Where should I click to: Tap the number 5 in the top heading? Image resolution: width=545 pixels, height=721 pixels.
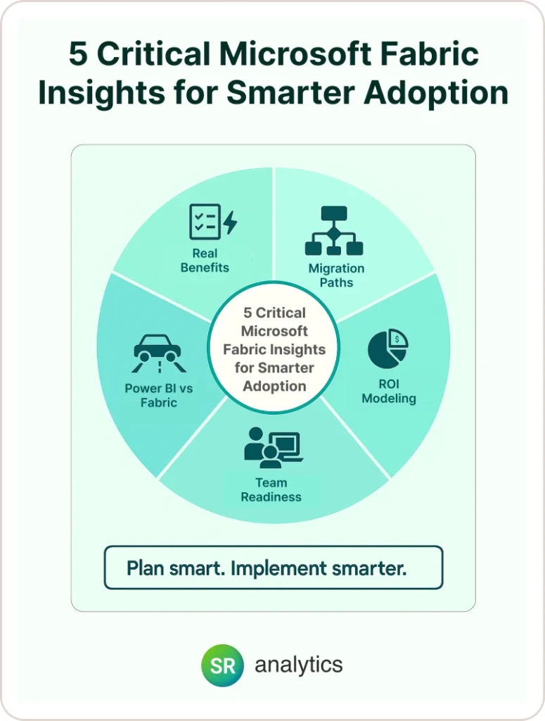click(x=78, y=54)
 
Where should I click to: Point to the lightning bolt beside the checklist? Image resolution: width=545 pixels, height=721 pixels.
click(x=231, y=222)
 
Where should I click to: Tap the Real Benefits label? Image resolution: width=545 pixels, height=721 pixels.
click(x=205, y=261)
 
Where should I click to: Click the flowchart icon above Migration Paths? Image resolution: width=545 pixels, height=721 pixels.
click(x=334, y=231)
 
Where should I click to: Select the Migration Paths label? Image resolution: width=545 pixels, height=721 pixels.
click(x=337, y=275)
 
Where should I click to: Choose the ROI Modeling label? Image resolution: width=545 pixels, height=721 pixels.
click(x=389, y=391)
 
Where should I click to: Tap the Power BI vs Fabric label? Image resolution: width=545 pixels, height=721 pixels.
click(x=159, y=396)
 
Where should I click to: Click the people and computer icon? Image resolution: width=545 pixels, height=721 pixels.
click(x=274, y=445)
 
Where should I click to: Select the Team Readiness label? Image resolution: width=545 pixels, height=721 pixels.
click(x=271, y=490)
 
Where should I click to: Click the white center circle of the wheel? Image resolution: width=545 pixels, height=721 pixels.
click(x=274, y=346)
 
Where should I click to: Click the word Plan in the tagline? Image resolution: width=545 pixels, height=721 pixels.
click(x=145, y=568)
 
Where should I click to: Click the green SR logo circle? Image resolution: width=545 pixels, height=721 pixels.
click(x=222, y=665)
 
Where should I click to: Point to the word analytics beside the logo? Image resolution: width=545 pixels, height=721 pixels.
click(x=298, y=665)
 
